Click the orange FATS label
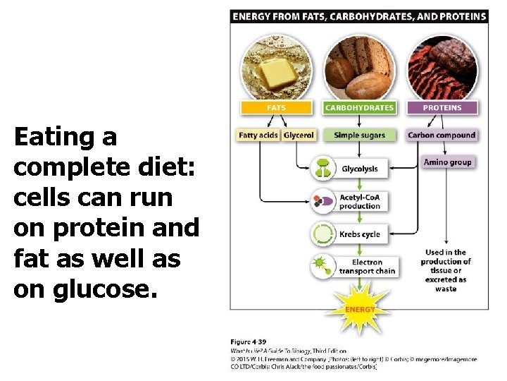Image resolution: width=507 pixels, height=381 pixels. [276, 108]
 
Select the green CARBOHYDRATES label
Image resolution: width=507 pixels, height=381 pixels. [359, 108]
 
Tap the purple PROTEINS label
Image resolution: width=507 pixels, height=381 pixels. [442, 108]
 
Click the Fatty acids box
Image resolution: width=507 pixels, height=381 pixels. [258, 135]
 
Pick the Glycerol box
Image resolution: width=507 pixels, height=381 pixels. [299, 135]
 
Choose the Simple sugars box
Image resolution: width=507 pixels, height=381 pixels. [359, 135]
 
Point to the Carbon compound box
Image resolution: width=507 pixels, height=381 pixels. [442, 135]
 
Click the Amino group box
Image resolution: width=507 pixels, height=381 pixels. [447, 162]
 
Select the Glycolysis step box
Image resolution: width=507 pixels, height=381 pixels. [359, 169]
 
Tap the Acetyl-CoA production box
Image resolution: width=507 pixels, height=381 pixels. [359, 201]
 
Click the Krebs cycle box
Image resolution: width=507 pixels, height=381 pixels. [359, 234]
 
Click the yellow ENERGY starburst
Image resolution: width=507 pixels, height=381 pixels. [359, 308]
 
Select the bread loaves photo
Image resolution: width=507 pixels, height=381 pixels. [359, 68]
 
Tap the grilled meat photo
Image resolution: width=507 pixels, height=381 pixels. [442, 68]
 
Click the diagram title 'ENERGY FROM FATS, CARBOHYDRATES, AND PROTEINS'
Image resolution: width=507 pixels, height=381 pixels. [359, 16]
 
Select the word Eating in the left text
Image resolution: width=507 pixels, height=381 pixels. [65, 136]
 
